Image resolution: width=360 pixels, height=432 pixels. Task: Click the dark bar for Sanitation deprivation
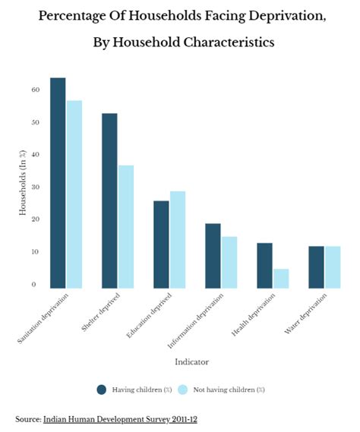(58, 183)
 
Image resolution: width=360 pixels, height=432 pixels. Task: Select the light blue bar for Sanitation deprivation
(74, 194)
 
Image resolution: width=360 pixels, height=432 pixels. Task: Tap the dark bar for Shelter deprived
(109, 200)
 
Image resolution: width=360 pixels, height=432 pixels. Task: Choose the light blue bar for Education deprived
(177, 239)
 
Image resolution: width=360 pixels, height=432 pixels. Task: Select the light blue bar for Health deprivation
(280, 279)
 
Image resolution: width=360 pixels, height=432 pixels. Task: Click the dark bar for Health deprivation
(264, 265)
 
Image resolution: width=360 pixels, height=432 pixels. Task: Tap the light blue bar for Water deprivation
(332, 267)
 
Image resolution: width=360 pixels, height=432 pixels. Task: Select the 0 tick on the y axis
(34, 285)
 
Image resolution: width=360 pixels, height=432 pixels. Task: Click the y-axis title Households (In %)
(23, 187)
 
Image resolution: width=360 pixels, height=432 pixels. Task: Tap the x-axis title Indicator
(192, 361)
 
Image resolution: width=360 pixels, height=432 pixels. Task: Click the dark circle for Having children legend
(102, 389)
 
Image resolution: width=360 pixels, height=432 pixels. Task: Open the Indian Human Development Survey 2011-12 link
(120, 419)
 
